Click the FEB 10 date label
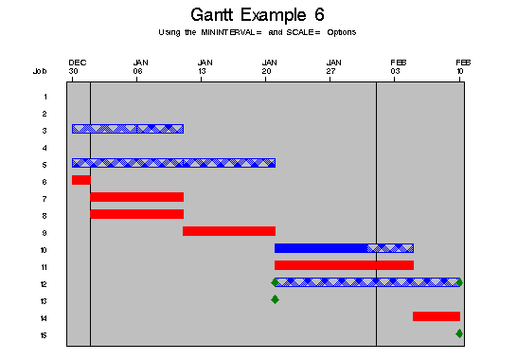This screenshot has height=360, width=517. tap(462, 66)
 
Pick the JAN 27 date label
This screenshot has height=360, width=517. tap(331, 66)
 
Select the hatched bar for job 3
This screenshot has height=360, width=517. tap(127, 129)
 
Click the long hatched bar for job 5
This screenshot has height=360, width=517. tap(173, 163)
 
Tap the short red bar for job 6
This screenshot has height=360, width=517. tap(80, 180)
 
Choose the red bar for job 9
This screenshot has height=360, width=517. tap(228, 231)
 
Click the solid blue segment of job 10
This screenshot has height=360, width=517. tap(320, 248)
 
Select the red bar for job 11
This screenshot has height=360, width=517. tap(344, 265)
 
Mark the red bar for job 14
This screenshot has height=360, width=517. tap(436, 316)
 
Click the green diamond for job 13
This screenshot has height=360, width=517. tap(275, 299)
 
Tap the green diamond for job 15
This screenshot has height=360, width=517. tap(459, 333)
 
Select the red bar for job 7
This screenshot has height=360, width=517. tap(136, 197)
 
